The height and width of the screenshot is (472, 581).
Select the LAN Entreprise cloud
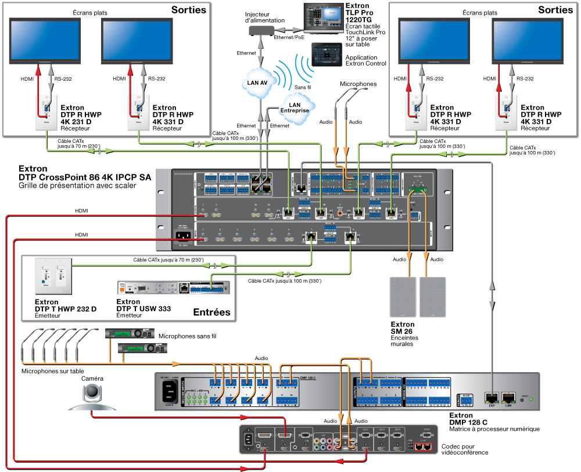click(295, 107)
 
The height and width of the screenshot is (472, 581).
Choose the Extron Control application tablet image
click(327, 55)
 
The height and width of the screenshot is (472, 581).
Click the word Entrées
click(211, 312)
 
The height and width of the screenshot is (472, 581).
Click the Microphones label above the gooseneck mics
click(358, 84)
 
